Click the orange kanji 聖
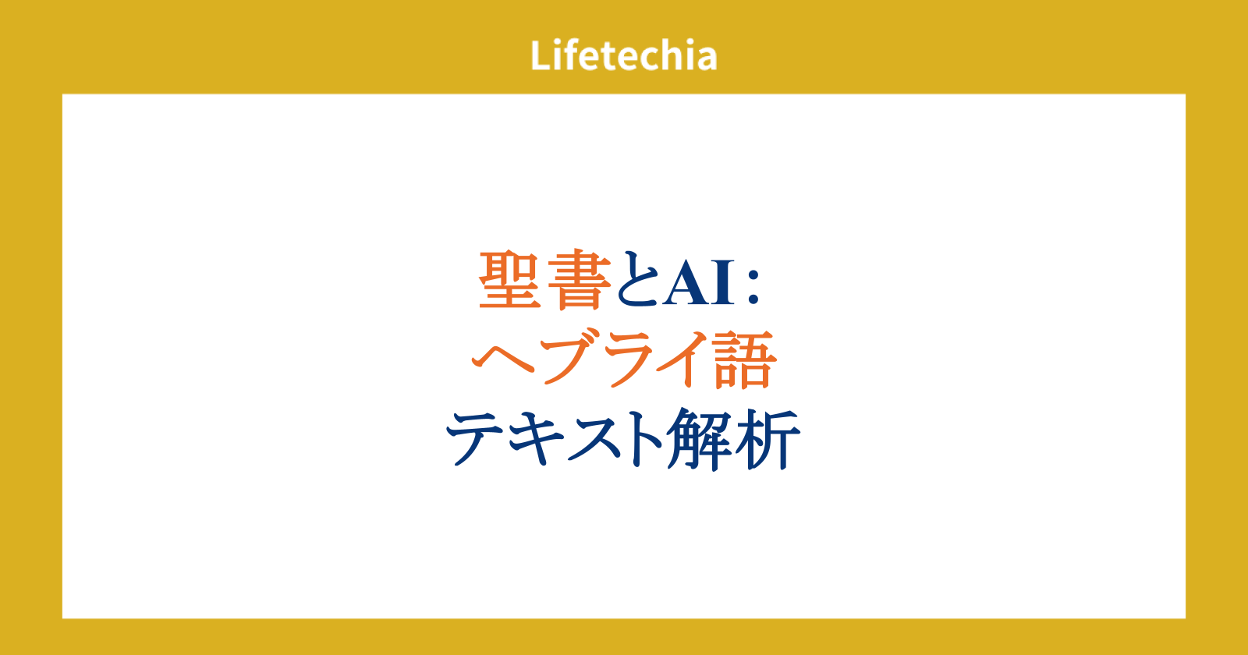pyautogui.click(x=510, y=280)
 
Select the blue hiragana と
pyautogui.click(x=639, y=278)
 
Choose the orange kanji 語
pyautogui.click(x=744, y=359)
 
